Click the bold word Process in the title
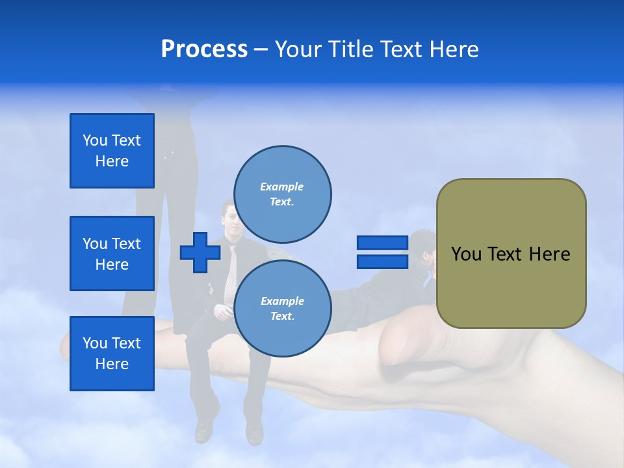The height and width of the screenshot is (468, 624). [x=204, y=49]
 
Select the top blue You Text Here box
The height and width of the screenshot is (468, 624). [x=112, y=151]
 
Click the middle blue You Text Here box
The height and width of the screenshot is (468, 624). [x=112, y=253]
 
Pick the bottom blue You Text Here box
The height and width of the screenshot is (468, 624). [x=112, y=353]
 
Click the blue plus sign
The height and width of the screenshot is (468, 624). [x=200, y=252]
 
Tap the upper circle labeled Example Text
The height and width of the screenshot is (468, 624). [x=282, y=194]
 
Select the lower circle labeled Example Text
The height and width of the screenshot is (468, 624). [x=282, y=309]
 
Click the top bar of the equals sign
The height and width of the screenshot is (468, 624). [x=382, y=243]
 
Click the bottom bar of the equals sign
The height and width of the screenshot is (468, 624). [x=382, y=262]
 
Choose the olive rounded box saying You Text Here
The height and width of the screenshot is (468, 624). [x=511, y=253]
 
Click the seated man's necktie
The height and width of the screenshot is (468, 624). [x=230, y=273]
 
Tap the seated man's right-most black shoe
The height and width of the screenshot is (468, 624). [x=253, y=431]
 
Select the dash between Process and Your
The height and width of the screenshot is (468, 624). [x=261, y=49]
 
